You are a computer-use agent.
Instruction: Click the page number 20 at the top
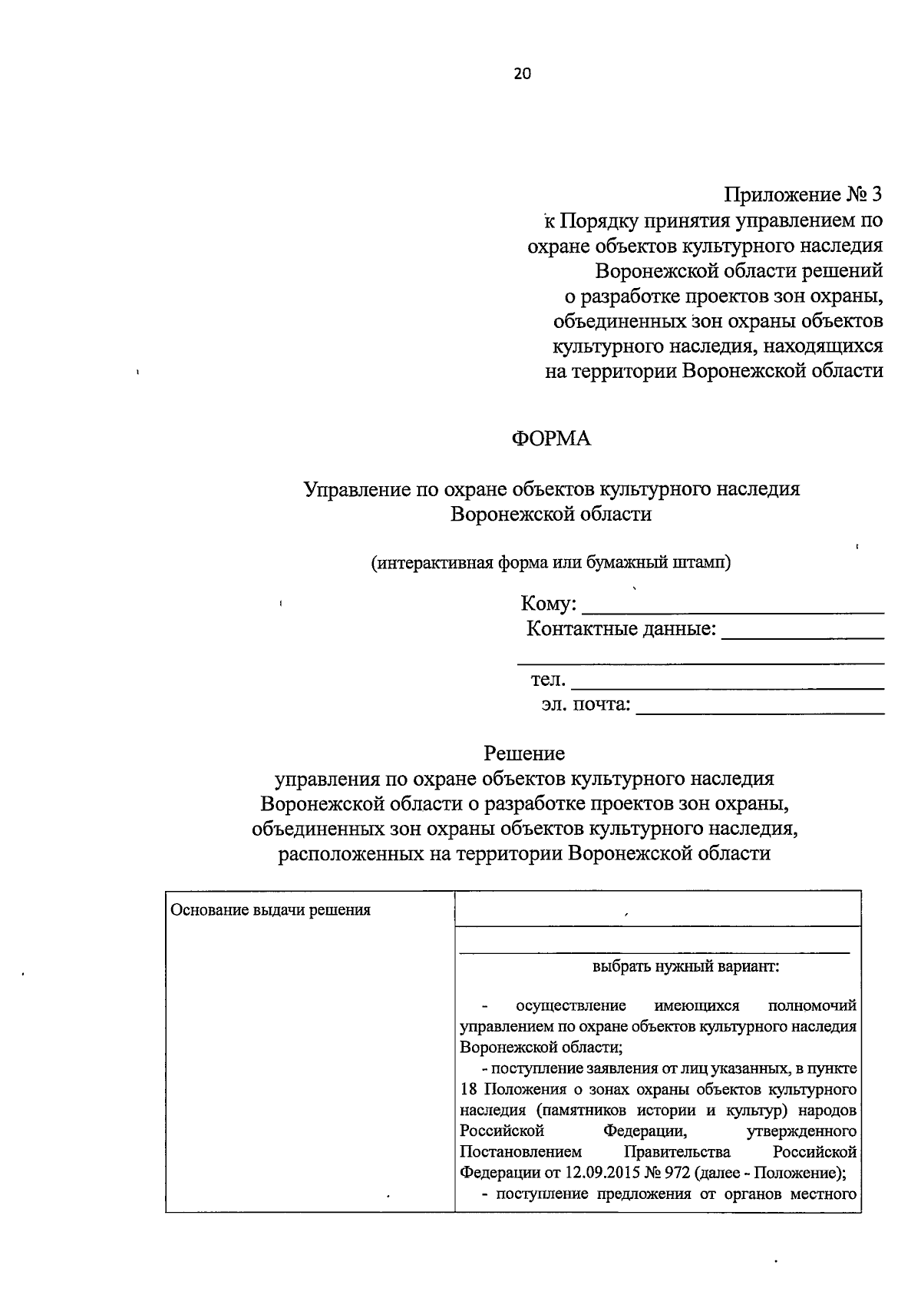click(522, 74)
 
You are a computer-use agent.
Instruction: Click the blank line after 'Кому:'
click(733, 607)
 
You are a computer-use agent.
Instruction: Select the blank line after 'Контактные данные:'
click(803, 633)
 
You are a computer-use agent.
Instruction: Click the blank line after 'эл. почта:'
click(760, 707)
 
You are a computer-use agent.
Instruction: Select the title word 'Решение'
click(524, 753)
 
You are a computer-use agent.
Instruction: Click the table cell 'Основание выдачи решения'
click(270, 910)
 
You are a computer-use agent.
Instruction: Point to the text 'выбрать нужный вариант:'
click(685, 967)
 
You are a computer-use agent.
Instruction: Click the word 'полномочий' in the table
click(811, 1005)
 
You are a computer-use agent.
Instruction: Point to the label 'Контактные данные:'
click(621, 630)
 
